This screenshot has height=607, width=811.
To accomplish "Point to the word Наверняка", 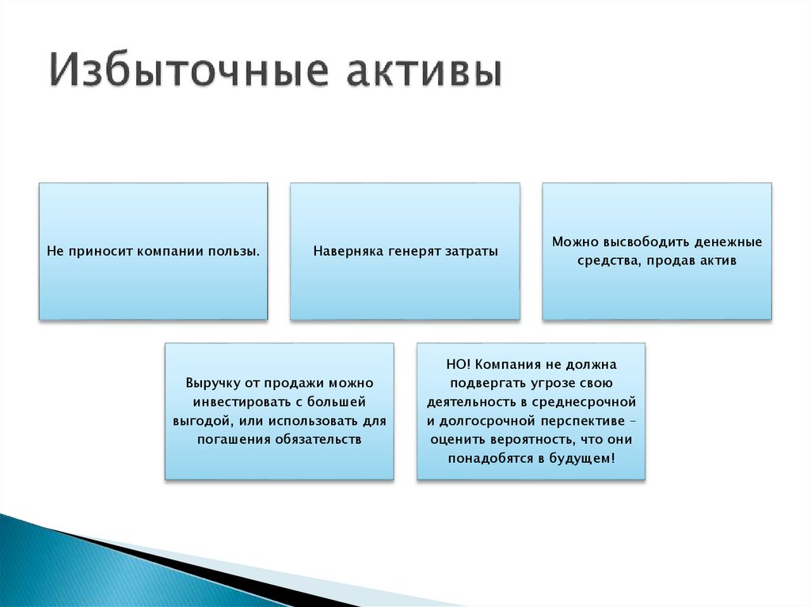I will click(x=347, y=252).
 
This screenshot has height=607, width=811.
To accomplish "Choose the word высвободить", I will click(x=641, y=241).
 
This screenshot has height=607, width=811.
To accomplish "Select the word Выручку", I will click(x=212, y=382).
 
